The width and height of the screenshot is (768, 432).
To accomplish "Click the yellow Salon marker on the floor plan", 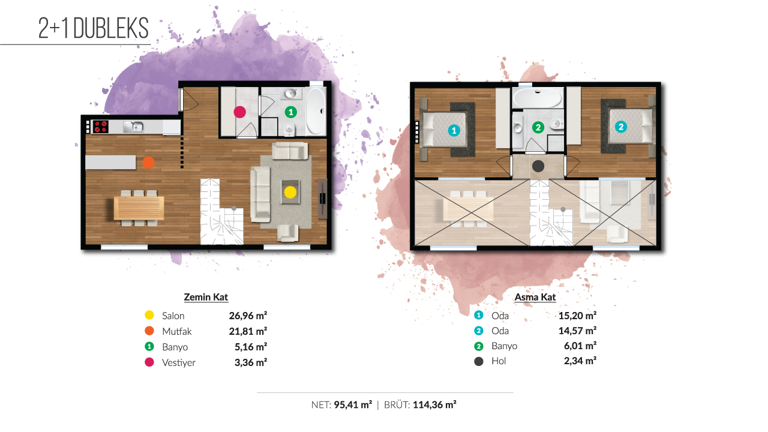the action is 290,192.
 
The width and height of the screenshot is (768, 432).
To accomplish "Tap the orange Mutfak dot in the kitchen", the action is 148,163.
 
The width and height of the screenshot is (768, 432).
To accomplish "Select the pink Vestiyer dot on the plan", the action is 239,112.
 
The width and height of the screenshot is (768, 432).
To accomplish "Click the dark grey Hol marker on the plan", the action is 538,166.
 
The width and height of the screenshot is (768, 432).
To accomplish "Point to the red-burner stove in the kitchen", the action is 100,127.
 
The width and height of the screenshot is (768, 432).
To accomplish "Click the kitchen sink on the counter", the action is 134,127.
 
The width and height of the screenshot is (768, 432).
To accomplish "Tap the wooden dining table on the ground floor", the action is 139,208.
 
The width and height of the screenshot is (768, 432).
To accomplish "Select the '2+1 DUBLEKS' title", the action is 93,28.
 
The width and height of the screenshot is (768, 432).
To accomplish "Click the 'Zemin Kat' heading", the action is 206,297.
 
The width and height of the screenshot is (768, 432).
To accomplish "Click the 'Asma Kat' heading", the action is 535,297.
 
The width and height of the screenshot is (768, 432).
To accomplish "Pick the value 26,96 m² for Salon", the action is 248,316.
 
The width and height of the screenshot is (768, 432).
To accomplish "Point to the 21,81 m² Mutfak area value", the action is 248,331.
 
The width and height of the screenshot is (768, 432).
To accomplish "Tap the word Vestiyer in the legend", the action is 179,362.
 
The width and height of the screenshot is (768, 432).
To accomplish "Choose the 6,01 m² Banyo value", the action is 580,346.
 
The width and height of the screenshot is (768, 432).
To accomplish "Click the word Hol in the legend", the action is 499,361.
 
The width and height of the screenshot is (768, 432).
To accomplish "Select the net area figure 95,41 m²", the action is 353,405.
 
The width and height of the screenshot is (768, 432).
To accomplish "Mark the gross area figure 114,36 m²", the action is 434,405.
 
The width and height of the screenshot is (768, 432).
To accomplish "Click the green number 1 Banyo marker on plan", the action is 291,112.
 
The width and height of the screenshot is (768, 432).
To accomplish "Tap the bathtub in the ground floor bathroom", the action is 316,111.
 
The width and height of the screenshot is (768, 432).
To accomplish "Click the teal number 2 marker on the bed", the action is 621,127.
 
